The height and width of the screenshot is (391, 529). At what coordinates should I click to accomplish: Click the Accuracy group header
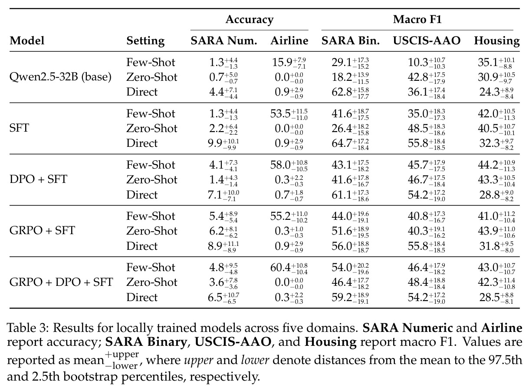tap(249, 20)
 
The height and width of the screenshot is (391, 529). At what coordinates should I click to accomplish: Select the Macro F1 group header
tap(417, 20)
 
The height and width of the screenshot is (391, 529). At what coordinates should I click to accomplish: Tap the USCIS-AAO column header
tap(427, 40)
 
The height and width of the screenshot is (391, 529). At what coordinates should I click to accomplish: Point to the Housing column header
tap(497, 41)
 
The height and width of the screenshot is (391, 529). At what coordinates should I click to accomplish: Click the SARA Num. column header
tap(224, 40)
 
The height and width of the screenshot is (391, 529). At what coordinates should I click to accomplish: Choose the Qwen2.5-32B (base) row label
tap(60, 77)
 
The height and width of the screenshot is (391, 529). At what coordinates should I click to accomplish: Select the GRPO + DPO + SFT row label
tap(61, 282)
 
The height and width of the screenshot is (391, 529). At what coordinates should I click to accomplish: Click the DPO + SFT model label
tap(38, 179)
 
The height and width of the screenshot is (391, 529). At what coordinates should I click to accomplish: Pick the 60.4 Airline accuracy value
tap(280, 268)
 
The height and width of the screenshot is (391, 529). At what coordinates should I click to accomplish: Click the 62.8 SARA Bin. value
tap(342, 92)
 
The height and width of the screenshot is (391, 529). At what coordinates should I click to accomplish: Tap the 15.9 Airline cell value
tap(282, 63)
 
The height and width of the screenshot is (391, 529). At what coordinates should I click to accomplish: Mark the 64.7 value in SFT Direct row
tap(342, 143)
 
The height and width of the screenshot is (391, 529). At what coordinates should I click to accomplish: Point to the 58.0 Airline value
tap(280, 165)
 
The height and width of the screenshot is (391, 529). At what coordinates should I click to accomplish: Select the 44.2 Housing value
tap(488, 165)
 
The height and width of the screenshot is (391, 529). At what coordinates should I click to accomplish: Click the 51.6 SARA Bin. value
tap(342, 231)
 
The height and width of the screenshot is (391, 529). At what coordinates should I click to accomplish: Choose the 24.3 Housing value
tap(490, 92)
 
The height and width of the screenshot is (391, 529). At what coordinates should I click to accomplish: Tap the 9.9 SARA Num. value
tap(215, 143)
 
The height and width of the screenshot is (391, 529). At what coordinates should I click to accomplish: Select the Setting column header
tap(145, 41)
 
